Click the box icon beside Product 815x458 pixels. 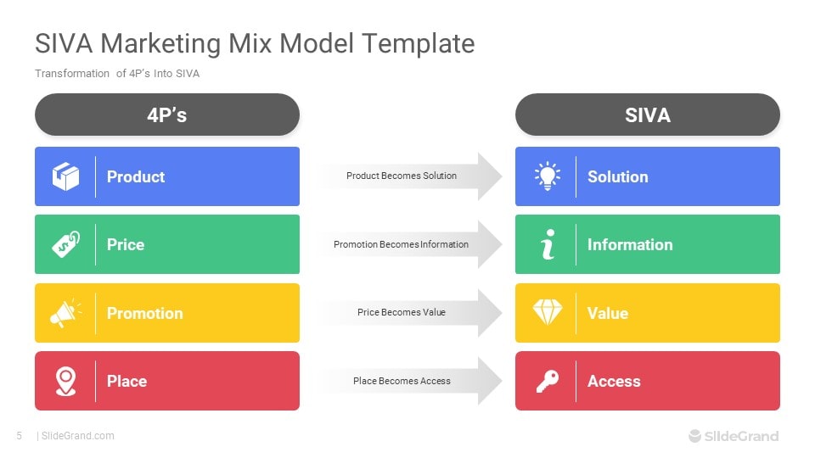click(65, 176)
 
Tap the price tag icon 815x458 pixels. click(65, 244)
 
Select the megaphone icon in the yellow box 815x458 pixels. click(65, 313)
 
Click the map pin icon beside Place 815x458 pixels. click(65, 381)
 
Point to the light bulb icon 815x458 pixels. click(547, 176)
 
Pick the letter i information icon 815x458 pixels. click(547, 245)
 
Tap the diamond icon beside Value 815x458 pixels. click(547, 313)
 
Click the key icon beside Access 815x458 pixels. click(547, 382)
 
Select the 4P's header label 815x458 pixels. click(166, 115)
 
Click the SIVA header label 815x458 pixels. click(647, 115)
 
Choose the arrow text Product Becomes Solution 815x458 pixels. click(401, 176)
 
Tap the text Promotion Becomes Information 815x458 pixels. click(401, 244)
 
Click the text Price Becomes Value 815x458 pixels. click(401, 312)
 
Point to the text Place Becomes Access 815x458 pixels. click(402, 381)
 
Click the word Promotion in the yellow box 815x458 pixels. click(144, 313)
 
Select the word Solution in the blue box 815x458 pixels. click(617, 176)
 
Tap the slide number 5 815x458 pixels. click(19, 436)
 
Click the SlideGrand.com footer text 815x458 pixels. click(77, 436)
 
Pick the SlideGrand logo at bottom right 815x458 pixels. click(733, 436)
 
